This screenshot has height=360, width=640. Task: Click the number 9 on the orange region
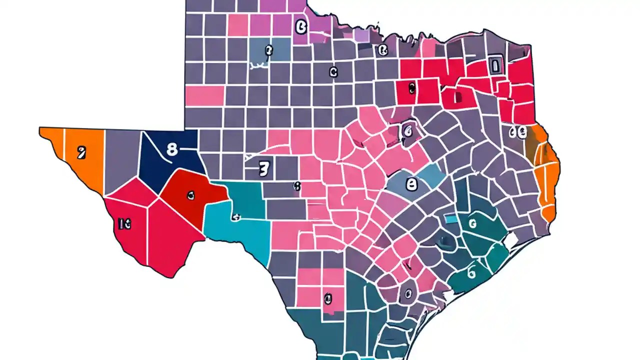(x=80, y=152)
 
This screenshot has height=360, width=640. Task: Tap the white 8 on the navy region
(x=171, y=149)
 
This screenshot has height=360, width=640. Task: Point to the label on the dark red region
(x=190, y=195)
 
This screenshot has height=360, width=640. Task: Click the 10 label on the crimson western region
(x=125, y=225)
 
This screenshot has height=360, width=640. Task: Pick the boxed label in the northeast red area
(x=495, y=65)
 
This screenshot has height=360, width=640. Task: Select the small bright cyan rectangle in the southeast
(x=451, y=219)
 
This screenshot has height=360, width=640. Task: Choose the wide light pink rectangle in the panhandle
(x=204, y=95)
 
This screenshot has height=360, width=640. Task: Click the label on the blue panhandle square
(x=268, y=50)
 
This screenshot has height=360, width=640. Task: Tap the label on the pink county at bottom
(x=327, y=299)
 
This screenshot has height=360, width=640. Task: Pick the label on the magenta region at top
(x=300, y=26)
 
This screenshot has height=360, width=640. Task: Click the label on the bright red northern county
(x=411, y=88)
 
